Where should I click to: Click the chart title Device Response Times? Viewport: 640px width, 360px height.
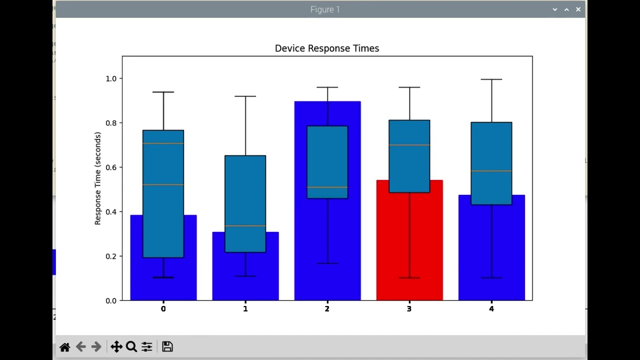[x=327, y=48]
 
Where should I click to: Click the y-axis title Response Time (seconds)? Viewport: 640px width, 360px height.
[x=98, y=178]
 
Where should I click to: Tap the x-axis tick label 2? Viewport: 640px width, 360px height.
[x=327, y=309]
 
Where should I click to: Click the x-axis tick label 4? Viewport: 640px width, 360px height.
[x=491, y=309]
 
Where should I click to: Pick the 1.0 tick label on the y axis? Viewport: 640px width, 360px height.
[x=110, y=79]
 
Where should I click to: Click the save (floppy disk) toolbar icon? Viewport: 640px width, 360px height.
[x=167, y=346]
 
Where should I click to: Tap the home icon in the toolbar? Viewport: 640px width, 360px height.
[x=64, y=347]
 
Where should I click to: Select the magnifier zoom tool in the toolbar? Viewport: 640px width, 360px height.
[x=131, y=346]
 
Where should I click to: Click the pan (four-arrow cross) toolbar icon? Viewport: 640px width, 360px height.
[x=116, y=346]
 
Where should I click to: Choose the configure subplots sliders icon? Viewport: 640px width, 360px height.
[x=147, y=346]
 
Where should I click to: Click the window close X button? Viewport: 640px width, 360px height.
[x=578, y=9]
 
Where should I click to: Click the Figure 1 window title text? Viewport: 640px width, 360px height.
[x=325, y=9]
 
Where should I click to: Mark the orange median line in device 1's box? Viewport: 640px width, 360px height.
[x=245, y=226]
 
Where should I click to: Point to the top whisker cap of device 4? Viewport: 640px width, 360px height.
[x=491, y=79]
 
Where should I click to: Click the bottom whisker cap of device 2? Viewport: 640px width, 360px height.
[x=327, y=263]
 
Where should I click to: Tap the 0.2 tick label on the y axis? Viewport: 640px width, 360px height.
[x=110, y=256]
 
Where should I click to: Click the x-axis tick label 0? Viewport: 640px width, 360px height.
[x=163, y=309]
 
